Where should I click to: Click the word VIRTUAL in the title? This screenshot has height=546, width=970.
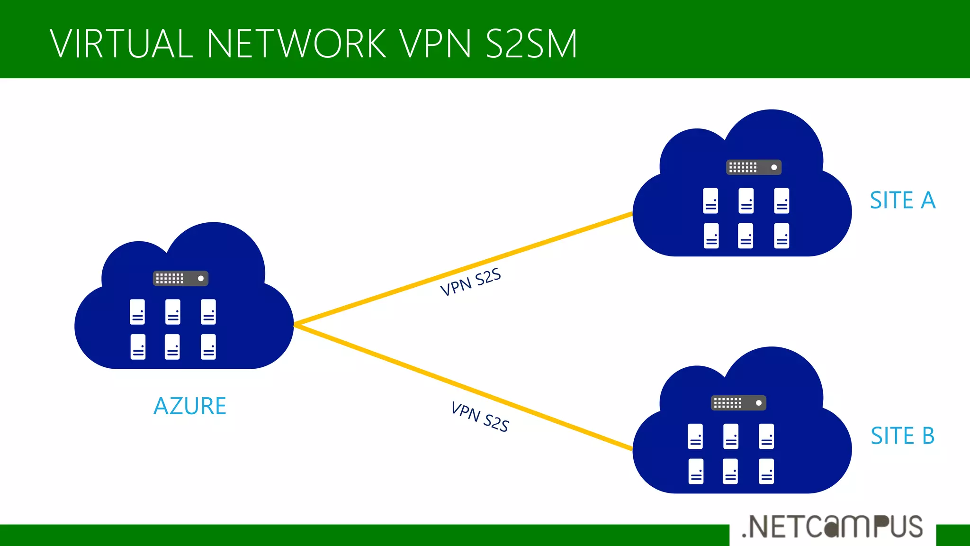point(121,44)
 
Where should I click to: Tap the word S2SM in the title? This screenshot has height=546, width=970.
point(531,44)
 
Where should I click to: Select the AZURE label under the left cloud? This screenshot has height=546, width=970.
point(190,406)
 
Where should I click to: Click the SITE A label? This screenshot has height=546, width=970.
point(903,200)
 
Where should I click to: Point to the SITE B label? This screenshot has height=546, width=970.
point(903,436)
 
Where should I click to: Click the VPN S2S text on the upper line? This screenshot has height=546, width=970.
point(470,282)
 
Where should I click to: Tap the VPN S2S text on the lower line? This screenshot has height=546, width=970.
point(480,417)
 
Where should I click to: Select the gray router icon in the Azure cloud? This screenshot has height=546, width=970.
point(180,278)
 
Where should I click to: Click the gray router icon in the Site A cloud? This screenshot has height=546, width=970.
point(754,167)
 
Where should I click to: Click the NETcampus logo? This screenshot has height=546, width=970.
point(832,527)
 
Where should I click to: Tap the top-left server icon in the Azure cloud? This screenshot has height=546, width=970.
point(137,312)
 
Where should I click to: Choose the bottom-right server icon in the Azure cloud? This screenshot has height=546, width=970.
point(208,347)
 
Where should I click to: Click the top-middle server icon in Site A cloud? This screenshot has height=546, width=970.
point(746,201)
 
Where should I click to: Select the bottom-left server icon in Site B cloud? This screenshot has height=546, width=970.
point(696,471)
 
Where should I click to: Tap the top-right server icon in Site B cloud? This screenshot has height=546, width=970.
point(766,436)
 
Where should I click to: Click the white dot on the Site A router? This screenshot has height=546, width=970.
point(774,167)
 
